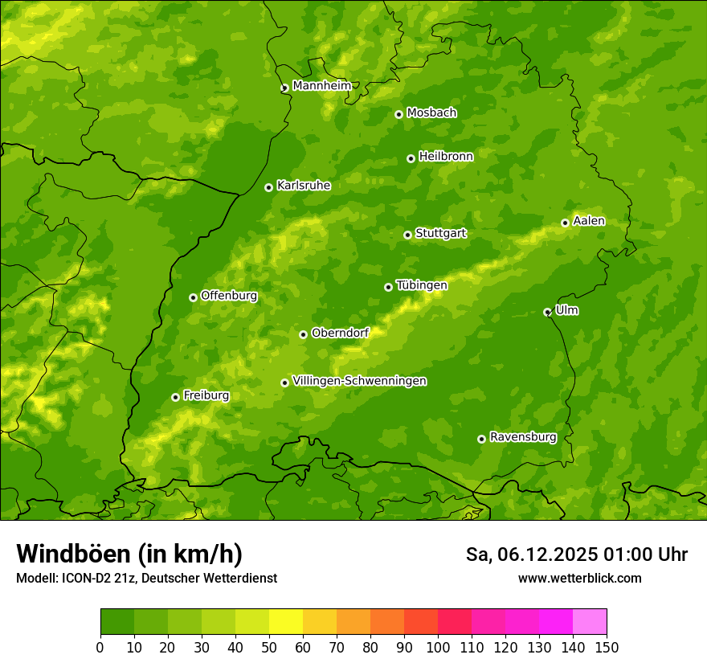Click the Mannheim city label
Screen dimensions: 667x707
[321, 85]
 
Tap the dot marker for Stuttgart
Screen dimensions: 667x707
[407, 235]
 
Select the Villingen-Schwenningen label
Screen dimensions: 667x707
[359, 381]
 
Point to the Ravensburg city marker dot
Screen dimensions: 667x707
[481, 439]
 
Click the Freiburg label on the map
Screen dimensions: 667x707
[206, 395]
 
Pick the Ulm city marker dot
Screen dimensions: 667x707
[547, 312]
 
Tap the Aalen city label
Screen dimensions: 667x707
[588, 221]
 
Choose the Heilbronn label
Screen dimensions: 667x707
[445, 157]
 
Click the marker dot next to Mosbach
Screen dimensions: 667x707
[398, 114]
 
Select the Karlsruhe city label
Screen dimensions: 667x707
[303, 186]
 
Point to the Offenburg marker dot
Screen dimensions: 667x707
[193, 297]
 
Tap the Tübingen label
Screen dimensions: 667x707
[421, 285]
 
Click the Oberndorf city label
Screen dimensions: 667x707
[340, 333]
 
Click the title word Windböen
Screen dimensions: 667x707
[73, 554]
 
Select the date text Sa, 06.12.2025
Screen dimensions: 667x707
[530, 554]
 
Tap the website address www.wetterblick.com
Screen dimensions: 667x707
[579, 578]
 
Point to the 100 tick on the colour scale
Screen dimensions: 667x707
[438, 646]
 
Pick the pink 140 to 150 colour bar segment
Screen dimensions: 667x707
[590, 622]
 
